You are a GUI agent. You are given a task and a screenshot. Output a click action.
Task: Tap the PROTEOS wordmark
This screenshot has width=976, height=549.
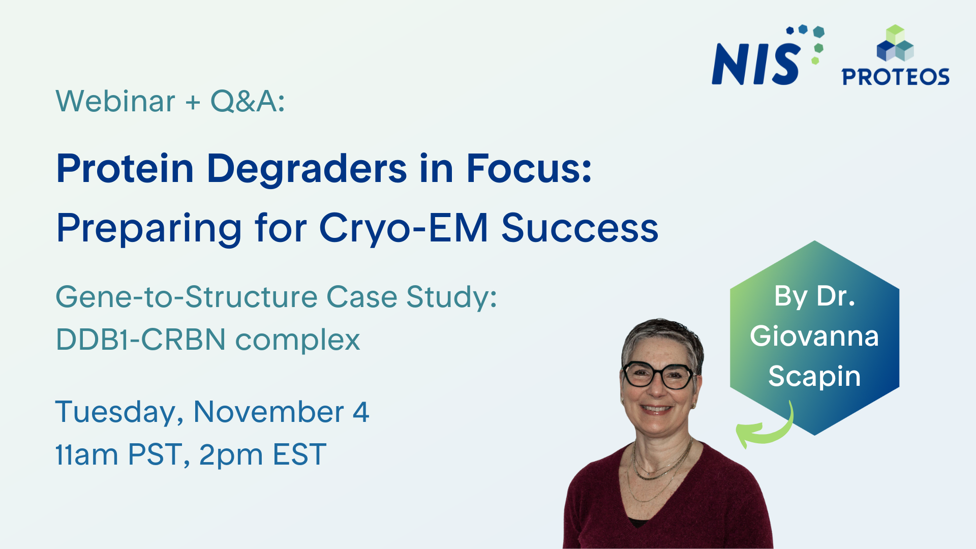(x=895, y=77)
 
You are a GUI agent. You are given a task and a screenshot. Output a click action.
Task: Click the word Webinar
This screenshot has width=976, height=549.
(x=115, y=101)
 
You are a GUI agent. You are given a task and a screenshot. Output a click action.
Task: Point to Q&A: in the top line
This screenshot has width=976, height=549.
(x=248, y=101)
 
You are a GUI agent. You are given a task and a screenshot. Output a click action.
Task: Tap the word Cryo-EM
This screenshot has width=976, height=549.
(x=403, y=228)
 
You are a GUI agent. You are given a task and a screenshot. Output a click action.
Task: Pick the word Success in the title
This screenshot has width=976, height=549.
(x=579, y=228)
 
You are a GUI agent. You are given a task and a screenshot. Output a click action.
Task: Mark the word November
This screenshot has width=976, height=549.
(x=268, y=412)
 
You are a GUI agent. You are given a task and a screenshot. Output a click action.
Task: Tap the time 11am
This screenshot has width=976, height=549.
(x=86, y=454)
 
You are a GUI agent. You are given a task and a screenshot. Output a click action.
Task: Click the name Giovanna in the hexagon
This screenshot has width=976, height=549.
(x=814, y=336)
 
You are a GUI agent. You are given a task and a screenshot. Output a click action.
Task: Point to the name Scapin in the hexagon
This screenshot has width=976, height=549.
(x=814, y=376)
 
